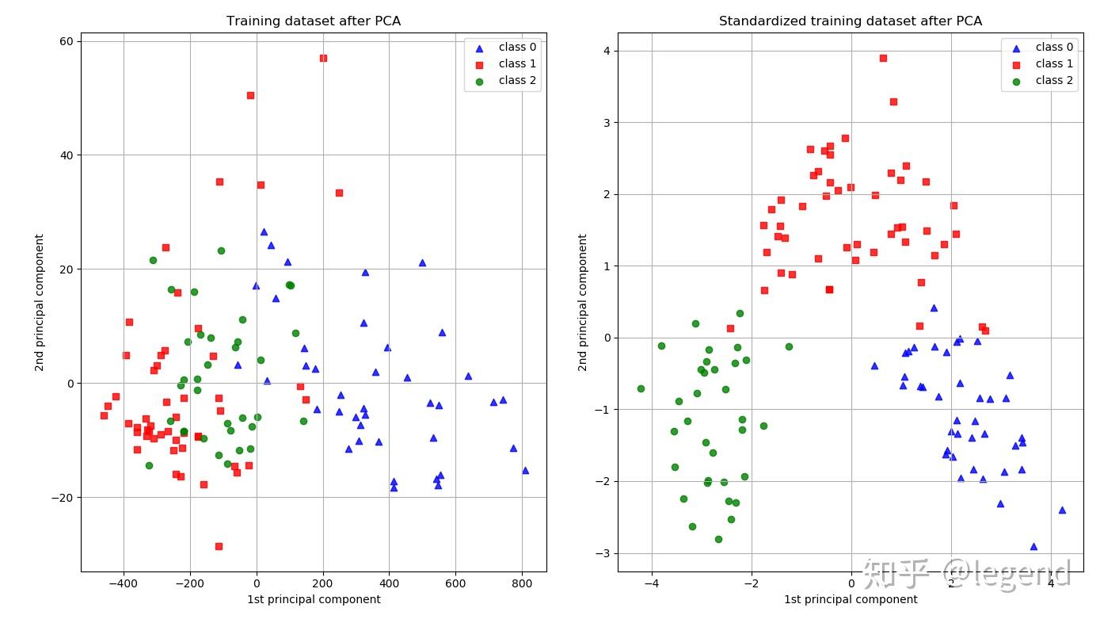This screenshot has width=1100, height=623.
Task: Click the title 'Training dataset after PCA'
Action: (x=313, y=21)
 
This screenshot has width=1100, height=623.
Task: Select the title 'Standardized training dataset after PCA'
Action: (x=850, y=21)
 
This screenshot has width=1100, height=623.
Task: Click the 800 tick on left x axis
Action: (x=522, y=584)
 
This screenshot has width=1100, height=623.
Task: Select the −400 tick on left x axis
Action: (x=123, y=584)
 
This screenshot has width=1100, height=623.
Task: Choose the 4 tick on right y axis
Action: (x=606, y=51)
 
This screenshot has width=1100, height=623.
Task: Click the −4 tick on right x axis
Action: (x=651, y=584)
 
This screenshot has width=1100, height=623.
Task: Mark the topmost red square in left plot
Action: (x=323, y=58)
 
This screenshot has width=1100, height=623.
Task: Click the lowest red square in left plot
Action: (x=219, y=546)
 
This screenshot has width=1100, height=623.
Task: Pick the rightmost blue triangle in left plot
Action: (x=525, y=470)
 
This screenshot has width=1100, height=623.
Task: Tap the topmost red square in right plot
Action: (x=883, y=58)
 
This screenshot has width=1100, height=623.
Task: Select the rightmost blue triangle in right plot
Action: (x=1062, y=510)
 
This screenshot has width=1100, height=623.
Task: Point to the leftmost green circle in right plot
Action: (x=641, y=388)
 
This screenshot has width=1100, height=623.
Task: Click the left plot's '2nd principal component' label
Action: (x=39, y=302)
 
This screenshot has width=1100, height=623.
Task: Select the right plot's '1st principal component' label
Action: (x=850, y=599)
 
